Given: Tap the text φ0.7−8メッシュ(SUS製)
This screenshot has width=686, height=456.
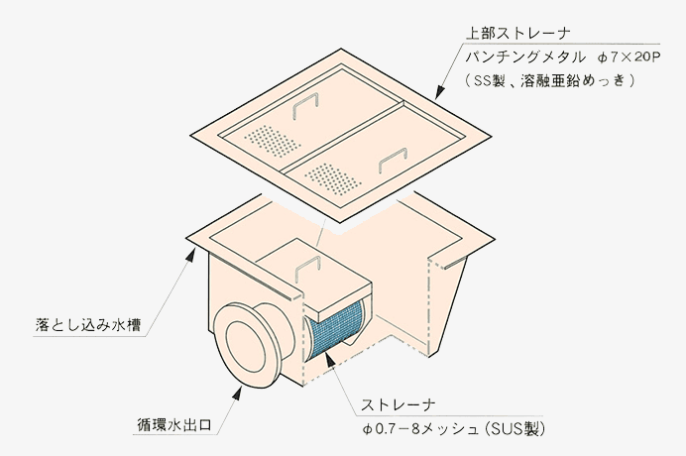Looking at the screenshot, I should (x=455, y=429).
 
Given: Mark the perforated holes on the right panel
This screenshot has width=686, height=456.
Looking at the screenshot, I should (x=330, y=177).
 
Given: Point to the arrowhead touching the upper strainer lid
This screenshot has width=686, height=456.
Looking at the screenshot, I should (x=436, y=96).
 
